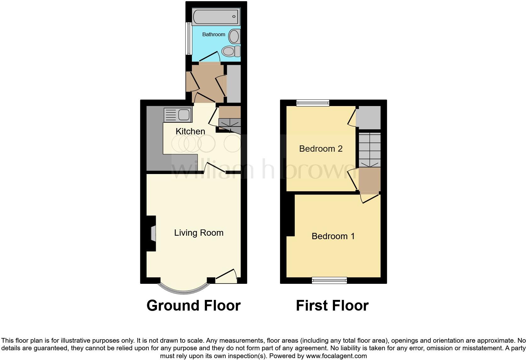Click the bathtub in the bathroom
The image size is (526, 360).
click(x=216, y=16)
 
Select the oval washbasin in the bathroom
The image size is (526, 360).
click(x=234, y=37)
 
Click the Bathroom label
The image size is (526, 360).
click(x=214, y=34)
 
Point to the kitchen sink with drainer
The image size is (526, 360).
click(x=177, y=115)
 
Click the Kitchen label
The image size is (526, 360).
click(x=190, y=131)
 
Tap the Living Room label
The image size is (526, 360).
click(x=199, y=233)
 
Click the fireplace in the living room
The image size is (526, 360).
click(x=153, y=233)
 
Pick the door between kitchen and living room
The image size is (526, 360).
click(x=215, y=168)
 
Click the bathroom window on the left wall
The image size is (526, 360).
click(x=188, y=38)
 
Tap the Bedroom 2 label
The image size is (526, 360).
click(x=321, y=149)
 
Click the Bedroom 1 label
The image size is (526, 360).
click(x=333, y=236)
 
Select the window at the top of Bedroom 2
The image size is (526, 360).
click(x=313, y=103)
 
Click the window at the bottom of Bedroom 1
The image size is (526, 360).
click(x=329, y=280)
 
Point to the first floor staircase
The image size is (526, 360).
click(x=370, y=150)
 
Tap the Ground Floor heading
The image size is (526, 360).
click(x=193, y=306)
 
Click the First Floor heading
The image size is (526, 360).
click(x=332, y=306)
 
